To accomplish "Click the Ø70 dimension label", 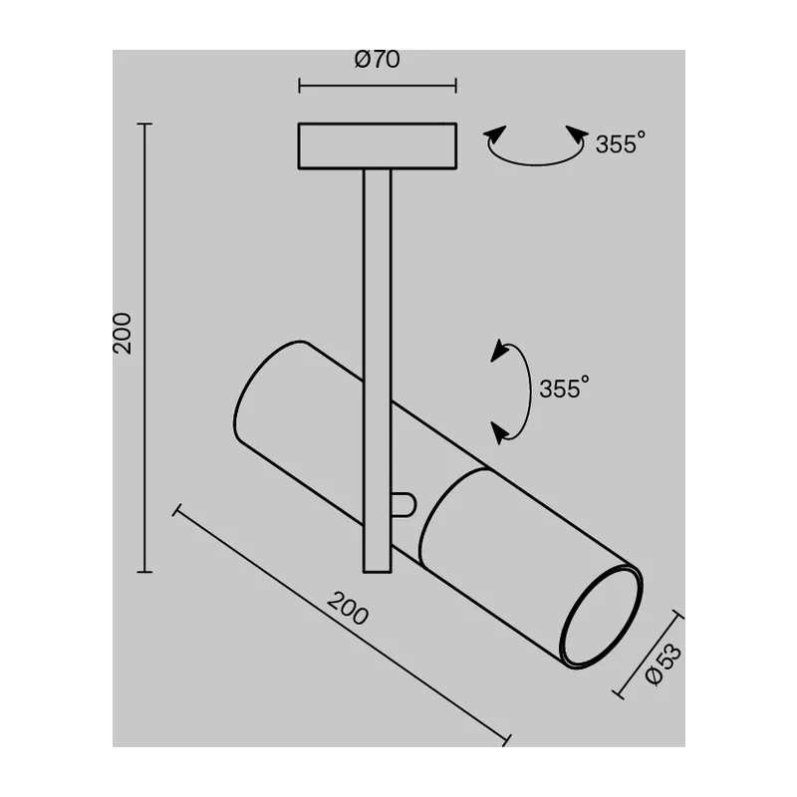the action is [378, 59].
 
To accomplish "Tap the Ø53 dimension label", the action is [663, 664].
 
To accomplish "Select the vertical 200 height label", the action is [122, 334].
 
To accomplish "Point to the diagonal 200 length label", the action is [348, 609].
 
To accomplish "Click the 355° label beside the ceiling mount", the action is [621, 143].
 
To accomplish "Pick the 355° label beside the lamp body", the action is [564, 388].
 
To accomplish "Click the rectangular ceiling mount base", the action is [378, 145].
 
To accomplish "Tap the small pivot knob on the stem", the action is [404, 505].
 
